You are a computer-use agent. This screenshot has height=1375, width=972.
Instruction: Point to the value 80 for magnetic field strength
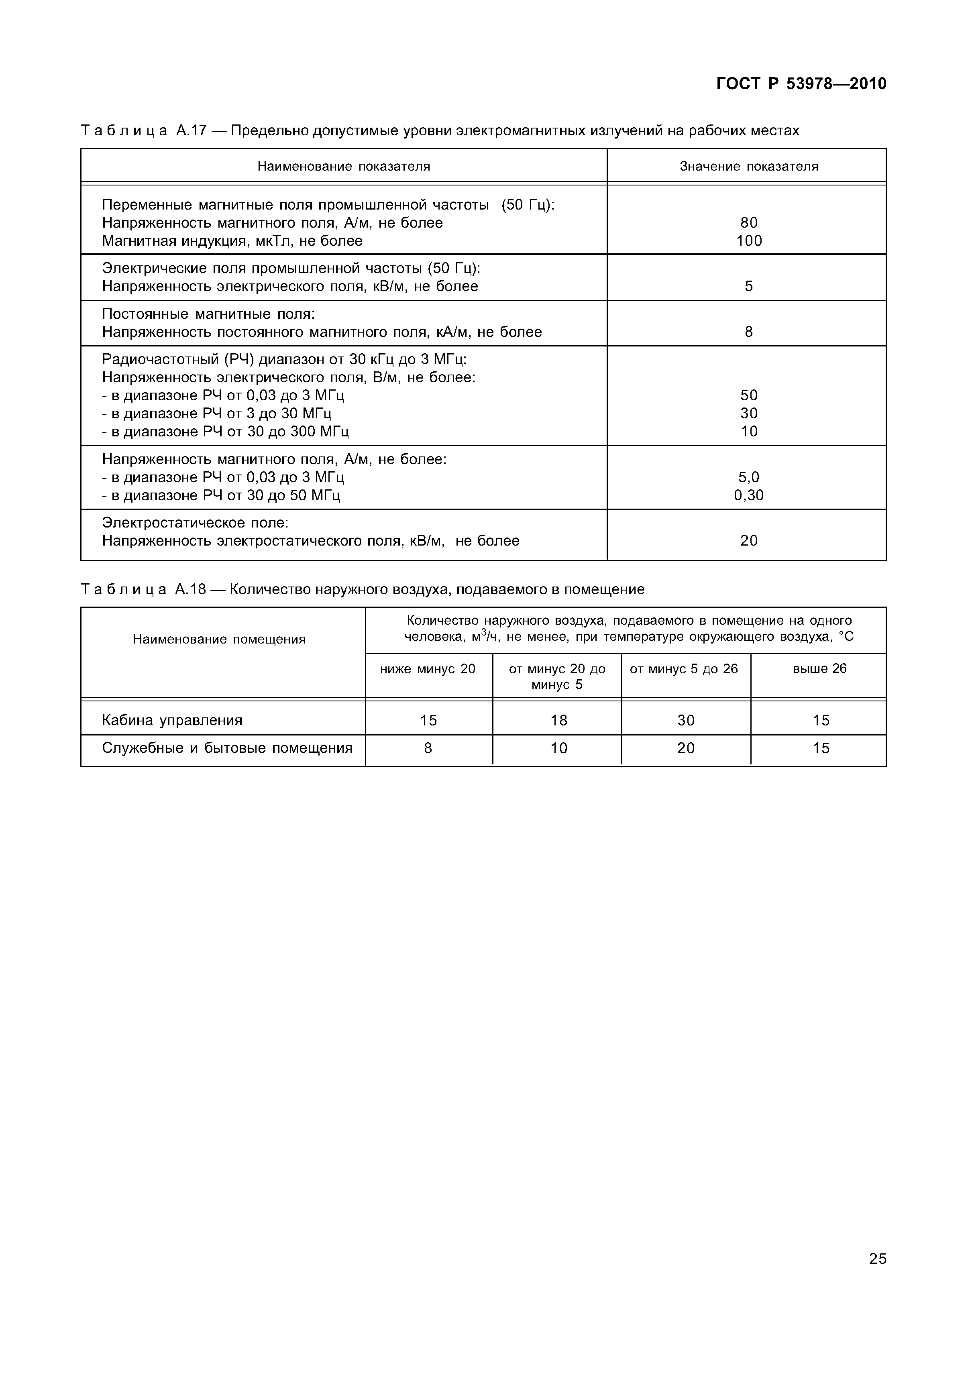tap(749, 223)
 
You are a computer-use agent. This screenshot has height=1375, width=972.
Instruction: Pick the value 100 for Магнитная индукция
tap(749, 241)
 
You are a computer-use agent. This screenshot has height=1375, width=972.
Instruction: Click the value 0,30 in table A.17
tap(749, 495)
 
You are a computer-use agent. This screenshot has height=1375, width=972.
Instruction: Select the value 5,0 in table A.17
tap(749, 477)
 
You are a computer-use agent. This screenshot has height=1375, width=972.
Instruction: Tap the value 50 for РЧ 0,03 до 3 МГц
tap(749, 395)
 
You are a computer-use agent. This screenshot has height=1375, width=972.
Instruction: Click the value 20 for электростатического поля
tap(749, 541)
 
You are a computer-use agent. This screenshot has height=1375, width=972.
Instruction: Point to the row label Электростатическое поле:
tap(195, 523)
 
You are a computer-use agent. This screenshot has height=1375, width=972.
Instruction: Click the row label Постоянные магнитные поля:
tap(208, 314)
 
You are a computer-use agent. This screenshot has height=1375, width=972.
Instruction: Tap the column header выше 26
tap(819, 668)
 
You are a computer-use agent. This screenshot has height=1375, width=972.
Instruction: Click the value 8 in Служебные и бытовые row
tap(428, 748)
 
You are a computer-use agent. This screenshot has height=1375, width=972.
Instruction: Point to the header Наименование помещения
tap(219, 640)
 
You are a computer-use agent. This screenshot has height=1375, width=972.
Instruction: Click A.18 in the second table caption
tap(190, 589)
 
